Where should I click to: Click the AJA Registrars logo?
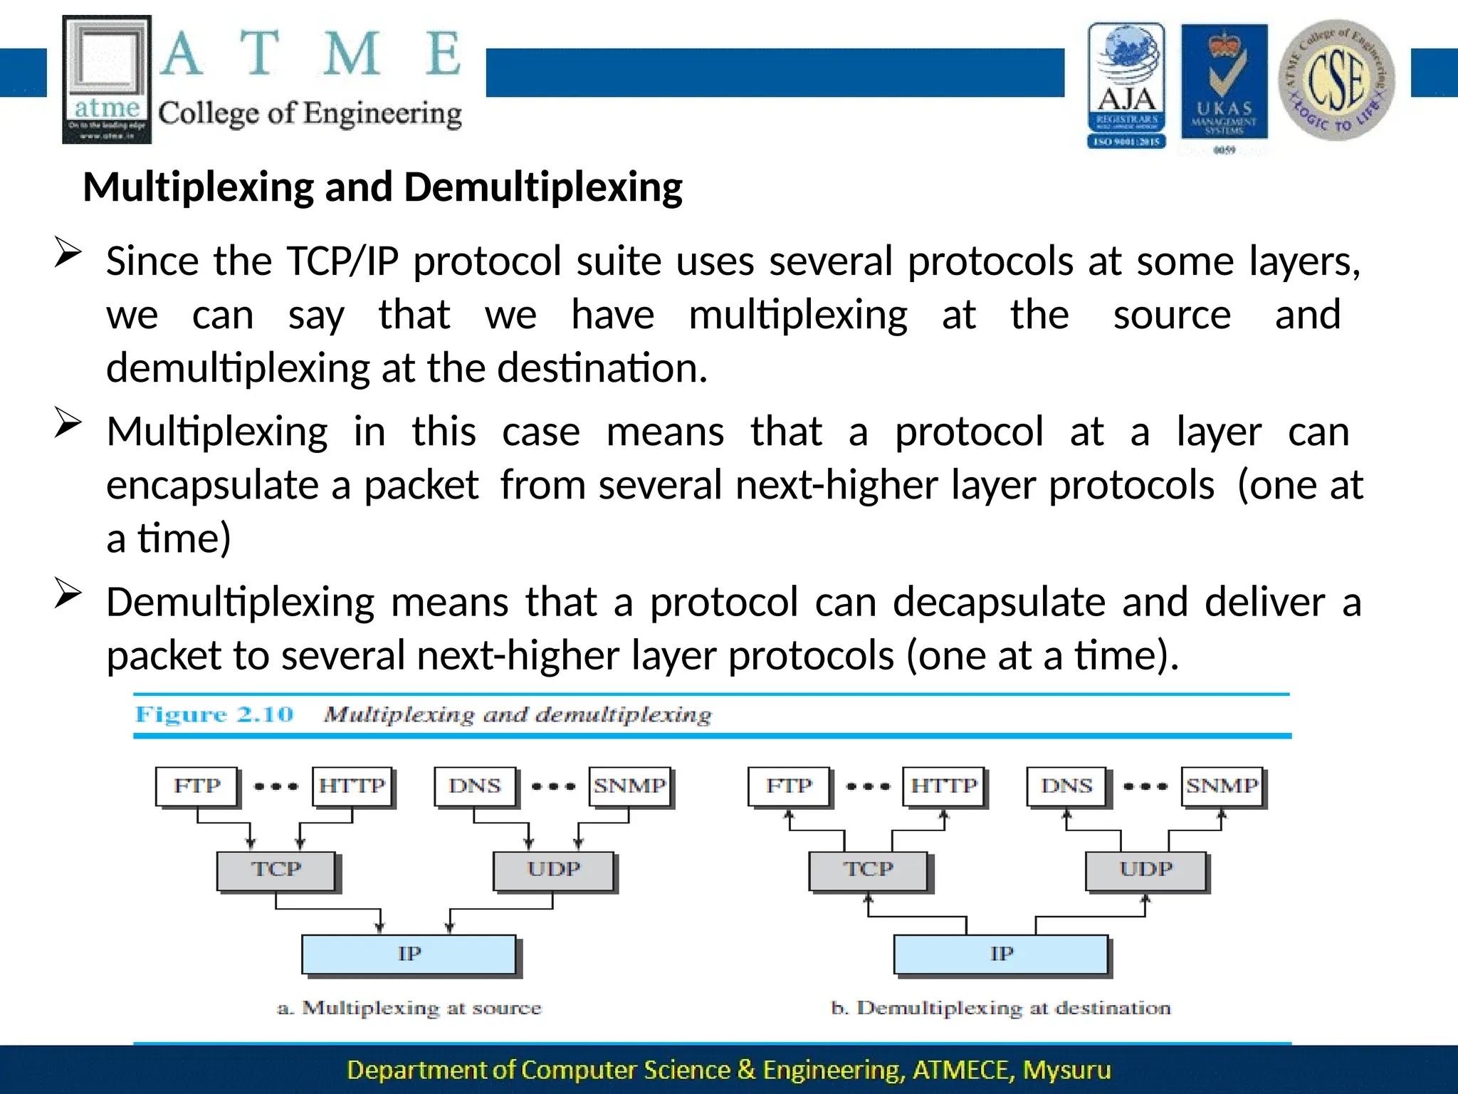tap(1126, 85)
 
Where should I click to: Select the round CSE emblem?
tap(1336, 80)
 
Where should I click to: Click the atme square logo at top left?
tap(107, 79)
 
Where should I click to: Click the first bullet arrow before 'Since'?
tap(68, 253)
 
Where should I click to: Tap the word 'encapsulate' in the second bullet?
tap(211, 486)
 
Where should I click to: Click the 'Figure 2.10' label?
tap(214, 714)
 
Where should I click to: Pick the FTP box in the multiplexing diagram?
tap(197, 786)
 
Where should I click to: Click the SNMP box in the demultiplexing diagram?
tap(1222, 786)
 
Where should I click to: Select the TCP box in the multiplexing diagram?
tap(276, 870)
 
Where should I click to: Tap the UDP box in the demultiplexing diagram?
tap(1145, 870)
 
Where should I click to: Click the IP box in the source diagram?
tap(409, 954)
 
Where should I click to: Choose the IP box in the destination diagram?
tap(1001, 954)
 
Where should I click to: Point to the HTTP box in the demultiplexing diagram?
tap(944, 786)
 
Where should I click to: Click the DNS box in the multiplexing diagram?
tap(475, 786)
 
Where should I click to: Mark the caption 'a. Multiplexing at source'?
tap(409, 1008)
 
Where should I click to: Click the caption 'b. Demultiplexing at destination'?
tap(1000, 1008)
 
